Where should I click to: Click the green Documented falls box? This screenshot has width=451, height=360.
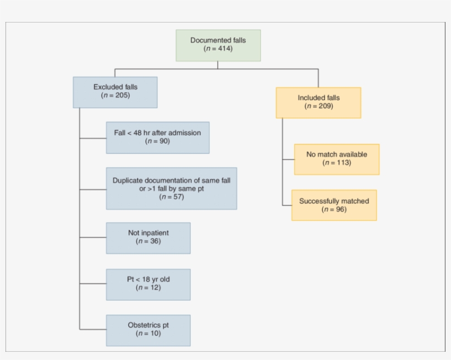(x=218, y=45)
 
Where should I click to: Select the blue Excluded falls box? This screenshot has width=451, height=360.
(x=115, y=92)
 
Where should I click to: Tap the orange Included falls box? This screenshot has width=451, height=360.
(x=318, y=102)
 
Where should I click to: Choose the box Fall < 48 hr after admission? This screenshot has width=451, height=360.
(x=157, y=137)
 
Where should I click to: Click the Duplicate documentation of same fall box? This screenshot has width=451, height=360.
(x=171, y=189)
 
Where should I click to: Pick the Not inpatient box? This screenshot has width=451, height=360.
(x=148, y=237)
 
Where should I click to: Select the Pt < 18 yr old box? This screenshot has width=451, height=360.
(x=148, y=284)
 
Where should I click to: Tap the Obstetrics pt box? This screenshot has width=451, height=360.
(x=148, y=330)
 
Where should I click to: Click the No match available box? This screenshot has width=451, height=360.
(x=337, y=159)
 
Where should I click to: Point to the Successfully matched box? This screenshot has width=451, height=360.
(x=334, y=205)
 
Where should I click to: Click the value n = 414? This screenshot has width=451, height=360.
(x=218, y=49)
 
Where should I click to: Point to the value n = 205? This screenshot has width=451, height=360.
(x=116, y=96)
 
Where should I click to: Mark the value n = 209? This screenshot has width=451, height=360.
(x=319, y=106)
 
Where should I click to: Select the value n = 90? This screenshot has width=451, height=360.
(x=157, y=141)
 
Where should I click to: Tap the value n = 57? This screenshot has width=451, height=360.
(x=172, y=197)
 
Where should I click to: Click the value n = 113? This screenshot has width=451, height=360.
(x=337, y=163)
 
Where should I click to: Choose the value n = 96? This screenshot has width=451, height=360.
(x=334, y=209)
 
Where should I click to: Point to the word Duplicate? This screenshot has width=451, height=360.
(x=128, y=180)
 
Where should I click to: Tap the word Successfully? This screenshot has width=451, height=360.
(x=318, y=201)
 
